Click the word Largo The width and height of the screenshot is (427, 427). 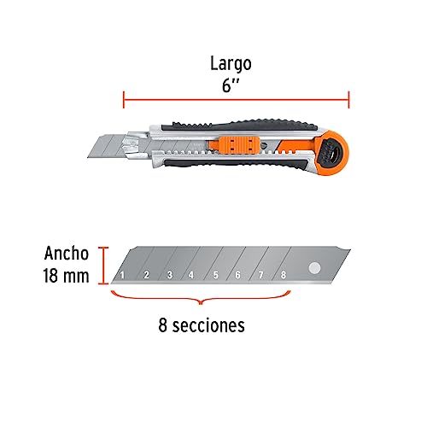(x=231, y=65)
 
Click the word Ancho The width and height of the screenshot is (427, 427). (x=67, y=253)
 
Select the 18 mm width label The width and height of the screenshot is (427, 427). (x=66, y=276)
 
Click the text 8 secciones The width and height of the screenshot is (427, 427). (x=202, y=325)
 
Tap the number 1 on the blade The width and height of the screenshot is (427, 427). (x=122, y=275)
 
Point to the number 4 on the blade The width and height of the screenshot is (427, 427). (x=191, y=275)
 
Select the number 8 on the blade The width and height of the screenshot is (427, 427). (x=283, y=275)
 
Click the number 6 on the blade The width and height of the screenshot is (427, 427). (x=237, y=275)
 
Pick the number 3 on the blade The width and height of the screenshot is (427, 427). (x=170, y=275)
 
